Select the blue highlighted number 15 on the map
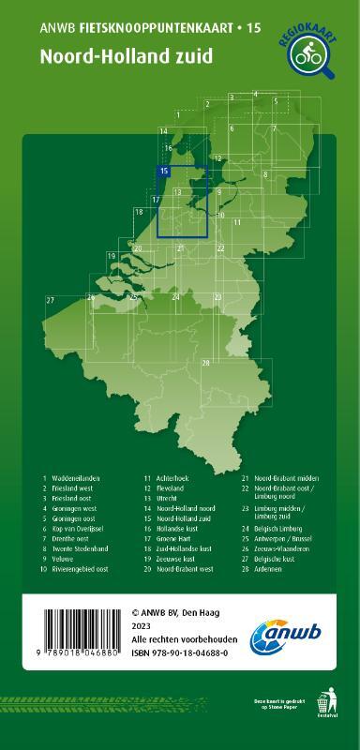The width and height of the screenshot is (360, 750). pos(164,172)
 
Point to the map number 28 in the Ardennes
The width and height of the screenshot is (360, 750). pos(205,363)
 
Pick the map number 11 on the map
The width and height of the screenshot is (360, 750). pos(237,222)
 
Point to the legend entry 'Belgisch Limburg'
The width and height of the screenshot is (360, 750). pos(286,529)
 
